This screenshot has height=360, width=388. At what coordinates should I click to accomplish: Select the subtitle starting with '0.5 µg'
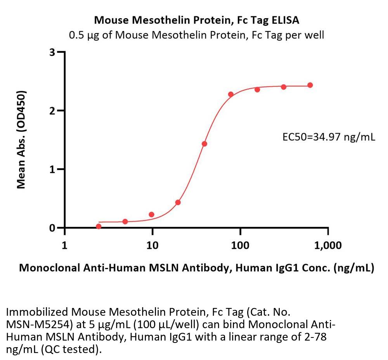pyautogui.click(x=196, y=35)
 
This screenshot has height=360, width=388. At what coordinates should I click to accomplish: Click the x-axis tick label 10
pyautogui.click(x=152, y=245)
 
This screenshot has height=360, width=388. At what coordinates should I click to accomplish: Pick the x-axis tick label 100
pyautogui.click(x=240, y=245)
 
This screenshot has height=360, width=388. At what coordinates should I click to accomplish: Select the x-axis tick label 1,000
pyautogui.click(x=328, y=245)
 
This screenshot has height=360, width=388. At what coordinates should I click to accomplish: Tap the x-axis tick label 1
pyautogui.click(x=64, y=245)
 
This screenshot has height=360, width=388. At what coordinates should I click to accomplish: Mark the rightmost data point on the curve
pyautogui.click(x=310, y=85)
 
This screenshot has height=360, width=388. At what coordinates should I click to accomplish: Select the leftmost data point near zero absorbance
pyautogui.click(x=99, y=226)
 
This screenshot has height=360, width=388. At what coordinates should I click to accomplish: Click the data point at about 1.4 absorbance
pyautogui.click(x=204, y=144)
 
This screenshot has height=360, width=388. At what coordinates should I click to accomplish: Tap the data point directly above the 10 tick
pyautogui.click(x=152, y=214)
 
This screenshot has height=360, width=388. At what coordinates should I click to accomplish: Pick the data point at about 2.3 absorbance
pyautogui.click(x=231, y=94)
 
